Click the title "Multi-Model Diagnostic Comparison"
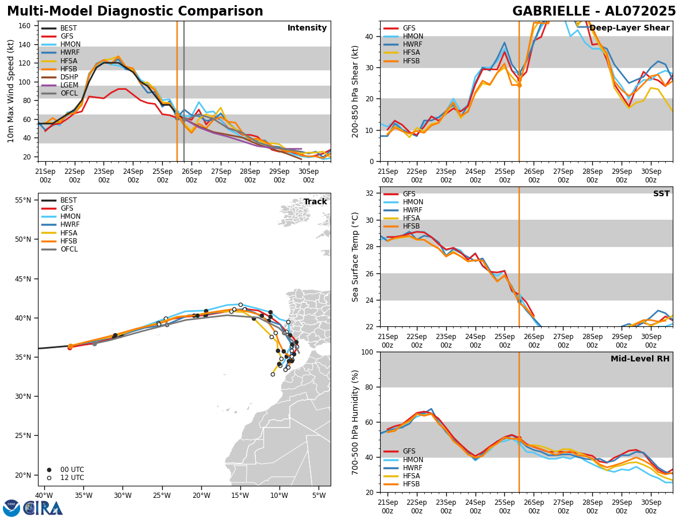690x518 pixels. [135, 12]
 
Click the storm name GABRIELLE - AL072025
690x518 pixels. [594, 12]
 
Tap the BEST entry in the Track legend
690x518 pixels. [68, 201]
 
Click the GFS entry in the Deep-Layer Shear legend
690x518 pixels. [409, 29]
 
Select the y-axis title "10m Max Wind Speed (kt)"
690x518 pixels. [10, 91]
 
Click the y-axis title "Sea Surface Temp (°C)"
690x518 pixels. [355, 257]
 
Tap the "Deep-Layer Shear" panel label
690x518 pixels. [629, 28]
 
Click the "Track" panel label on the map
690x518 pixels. [315, 202]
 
